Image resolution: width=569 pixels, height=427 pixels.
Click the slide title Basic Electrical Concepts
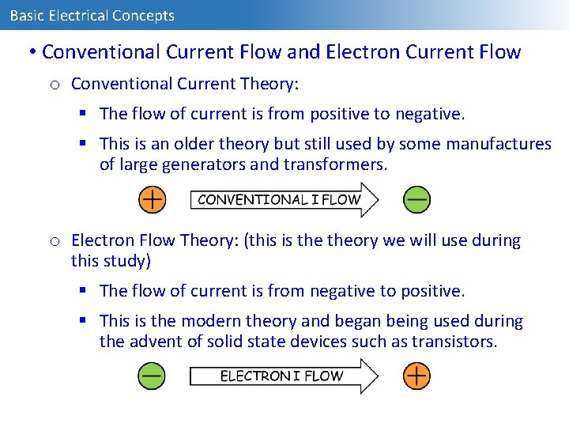92,15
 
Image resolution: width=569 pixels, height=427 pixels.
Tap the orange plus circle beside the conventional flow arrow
152,199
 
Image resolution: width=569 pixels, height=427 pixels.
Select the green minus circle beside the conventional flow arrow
416,199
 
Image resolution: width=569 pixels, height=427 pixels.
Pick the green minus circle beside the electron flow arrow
152,376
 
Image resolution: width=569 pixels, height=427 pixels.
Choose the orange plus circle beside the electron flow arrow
416,376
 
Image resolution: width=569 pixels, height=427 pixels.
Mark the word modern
209,321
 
